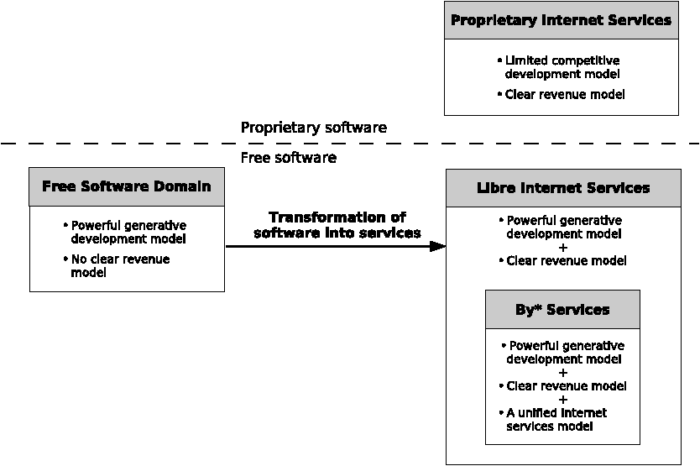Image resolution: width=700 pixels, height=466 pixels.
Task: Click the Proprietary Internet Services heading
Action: click(x=561, y=20)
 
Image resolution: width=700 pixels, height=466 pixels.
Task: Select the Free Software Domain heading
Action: click(x=127, y=186)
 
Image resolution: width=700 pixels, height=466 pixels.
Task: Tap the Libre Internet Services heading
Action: click(x=563, y=188)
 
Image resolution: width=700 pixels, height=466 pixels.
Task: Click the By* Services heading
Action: click(x=562, y=310)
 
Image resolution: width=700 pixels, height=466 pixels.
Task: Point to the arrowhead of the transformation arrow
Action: click(x=437, y=246)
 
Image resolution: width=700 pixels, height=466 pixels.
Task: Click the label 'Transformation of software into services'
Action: click(x=337, y=225)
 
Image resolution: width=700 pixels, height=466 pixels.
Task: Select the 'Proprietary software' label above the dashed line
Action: click(x=314, y=128)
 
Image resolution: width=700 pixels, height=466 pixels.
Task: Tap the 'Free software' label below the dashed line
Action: click(x=289, y=158)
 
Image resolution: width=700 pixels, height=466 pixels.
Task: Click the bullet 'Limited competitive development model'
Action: click(x=558, y=67)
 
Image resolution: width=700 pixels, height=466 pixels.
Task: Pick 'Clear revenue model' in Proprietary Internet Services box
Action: click(x=562, y=95)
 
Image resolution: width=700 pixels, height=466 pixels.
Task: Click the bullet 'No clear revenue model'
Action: click(x=117, y=266)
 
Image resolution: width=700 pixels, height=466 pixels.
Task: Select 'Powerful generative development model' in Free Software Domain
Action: click(x=124, y=232)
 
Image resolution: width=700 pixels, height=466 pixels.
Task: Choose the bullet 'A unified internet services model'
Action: click(x=553, y=420)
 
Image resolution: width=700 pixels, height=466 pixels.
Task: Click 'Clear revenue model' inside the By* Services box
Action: click(x=563, y=386)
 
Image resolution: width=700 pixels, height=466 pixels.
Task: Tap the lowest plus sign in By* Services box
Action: click(x=563, y=400)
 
